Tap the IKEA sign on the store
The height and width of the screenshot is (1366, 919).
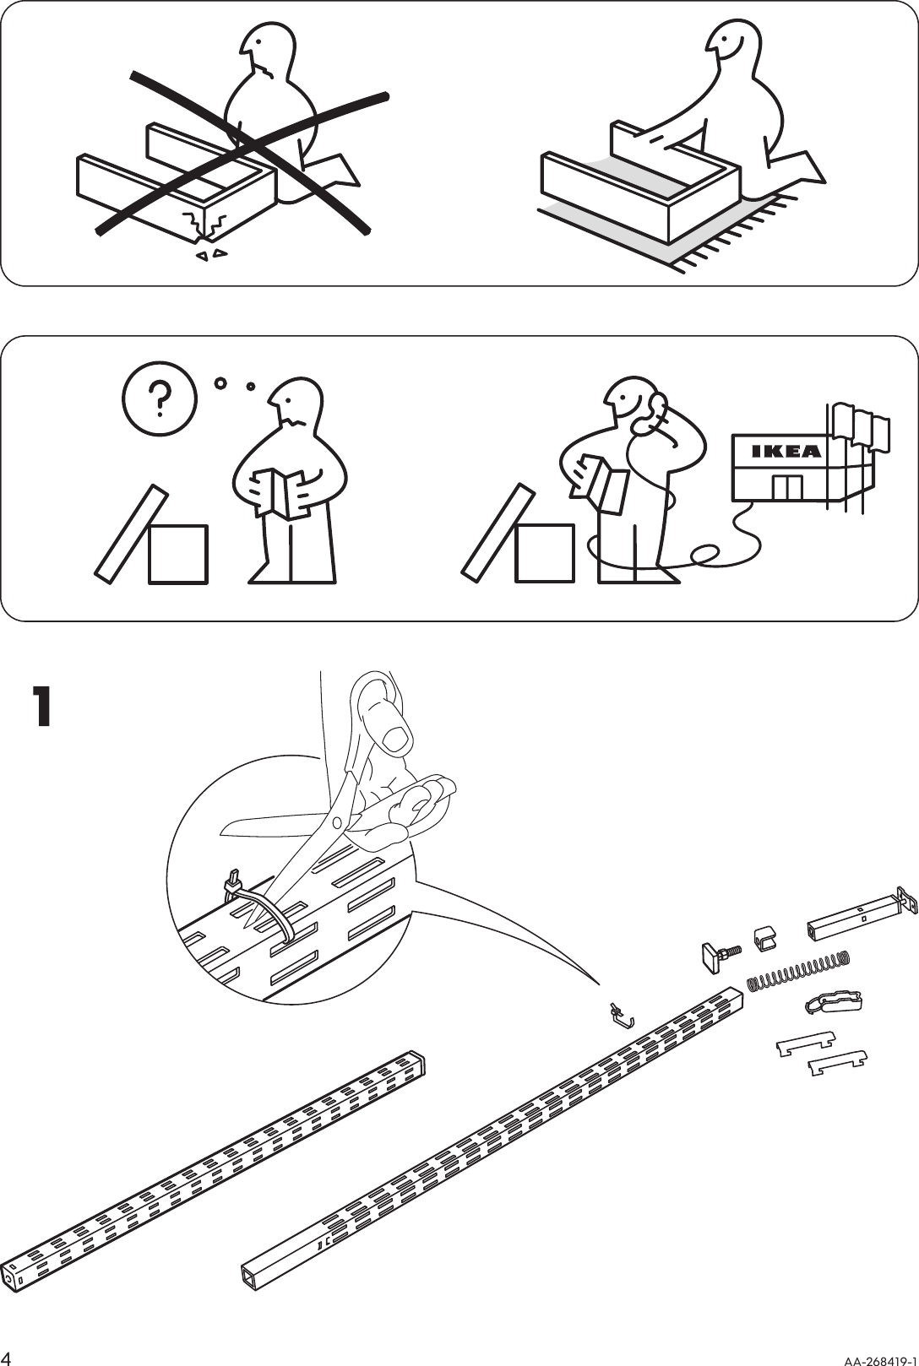(x=786, y=451)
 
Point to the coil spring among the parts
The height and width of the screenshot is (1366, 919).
(x=798, y=969)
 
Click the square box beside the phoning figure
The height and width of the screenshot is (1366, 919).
(x=545, y=553)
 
